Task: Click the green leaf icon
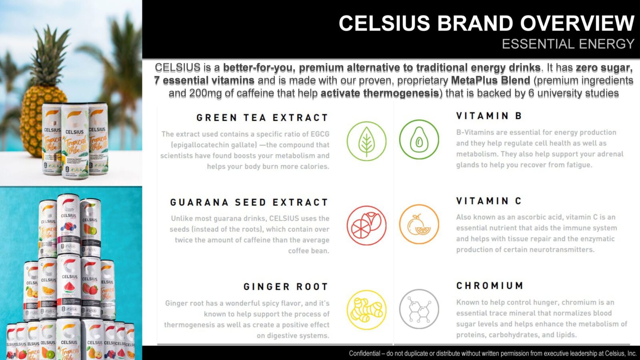[366, 141]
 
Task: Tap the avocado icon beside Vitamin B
[419, 140]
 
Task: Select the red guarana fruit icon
[366, 226]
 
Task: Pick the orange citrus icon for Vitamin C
[419, 224]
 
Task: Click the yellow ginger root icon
[366, 310]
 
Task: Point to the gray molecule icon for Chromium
[419, 309]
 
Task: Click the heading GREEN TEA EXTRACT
[262, 118]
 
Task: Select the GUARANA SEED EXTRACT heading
[249, 202]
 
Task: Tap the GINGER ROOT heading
[286, 287]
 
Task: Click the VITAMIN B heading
[489, 116]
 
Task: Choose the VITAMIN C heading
[489, 201]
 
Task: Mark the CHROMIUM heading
[490, 286]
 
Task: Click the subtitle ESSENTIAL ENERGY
[568, 44]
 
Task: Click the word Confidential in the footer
[364, 353]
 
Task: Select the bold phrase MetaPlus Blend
[490, 80]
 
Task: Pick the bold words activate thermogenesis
[380, 93]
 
